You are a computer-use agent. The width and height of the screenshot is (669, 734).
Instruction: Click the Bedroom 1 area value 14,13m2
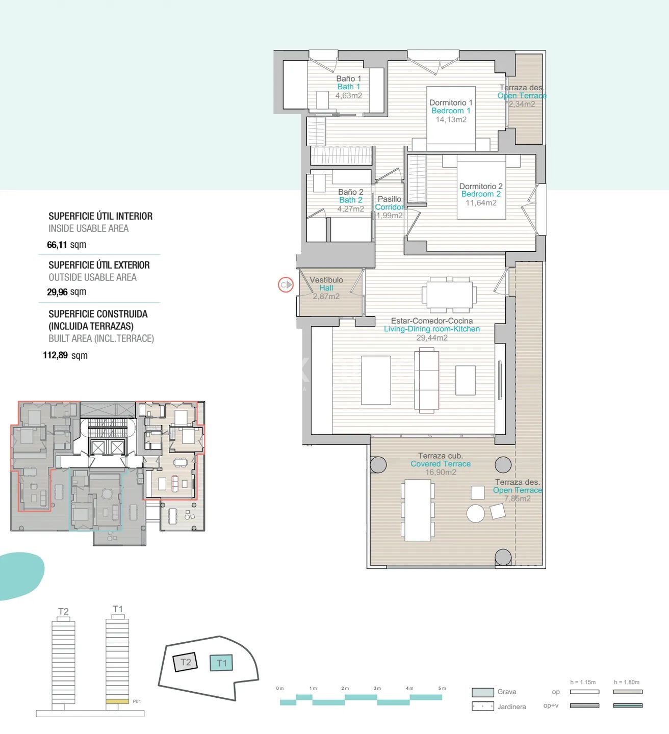point(451,120)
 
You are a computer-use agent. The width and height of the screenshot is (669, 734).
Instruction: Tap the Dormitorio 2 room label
point(481,186)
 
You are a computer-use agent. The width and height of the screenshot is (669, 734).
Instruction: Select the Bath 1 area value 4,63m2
point(349,95)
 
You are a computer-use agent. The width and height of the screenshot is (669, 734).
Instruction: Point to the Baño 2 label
point(351,192)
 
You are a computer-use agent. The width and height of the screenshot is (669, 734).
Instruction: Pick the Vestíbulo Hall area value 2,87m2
point(326,296)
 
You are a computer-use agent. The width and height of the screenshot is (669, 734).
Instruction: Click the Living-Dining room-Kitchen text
point(432,329)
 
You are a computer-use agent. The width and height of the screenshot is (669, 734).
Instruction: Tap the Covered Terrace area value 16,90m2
point(441,472)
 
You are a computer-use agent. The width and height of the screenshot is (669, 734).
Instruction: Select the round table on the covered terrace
point(476,513)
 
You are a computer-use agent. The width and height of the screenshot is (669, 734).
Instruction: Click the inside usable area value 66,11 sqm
point(66,245)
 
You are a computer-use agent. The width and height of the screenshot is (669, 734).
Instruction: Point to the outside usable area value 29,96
point(57,292)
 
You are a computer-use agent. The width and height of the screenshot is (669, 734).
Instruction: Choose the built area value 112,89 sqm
point(65,355)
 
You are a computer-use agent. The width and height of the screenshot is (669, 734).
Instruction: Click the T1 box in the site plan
point(221,663)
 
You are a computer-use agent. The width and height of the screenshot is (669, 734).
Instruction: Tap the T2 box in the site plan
point(186,662)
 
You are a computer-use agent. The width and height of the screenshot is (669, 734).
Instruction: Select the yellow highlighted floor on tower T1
point(117,701)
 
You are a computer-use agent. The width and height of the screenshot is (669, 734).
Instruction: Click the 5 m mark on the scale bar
point(442,689)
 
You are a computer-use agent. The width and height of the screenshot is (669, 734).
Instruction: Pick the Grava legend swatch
point(482,692)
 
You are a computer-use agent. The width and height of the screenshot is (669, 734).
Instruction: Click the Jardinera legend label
point(511,706)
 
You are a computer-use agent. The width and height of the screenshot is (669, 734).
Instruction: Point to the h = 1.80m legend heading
point(627,682)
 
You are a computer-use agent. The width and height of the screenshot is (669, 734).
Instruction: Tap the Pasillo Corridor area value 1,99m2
point(390,216)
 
